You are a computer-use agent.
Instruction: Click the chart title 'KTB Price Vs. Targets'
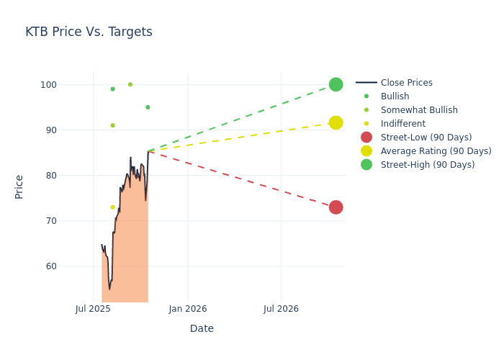[89, 32]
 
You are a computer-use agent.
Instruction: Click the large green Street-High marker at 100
[336, 84]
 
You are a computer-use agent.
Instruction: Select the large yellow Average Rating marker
[336, 123]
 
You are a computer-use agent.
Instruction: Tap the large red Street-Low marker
[336, 207]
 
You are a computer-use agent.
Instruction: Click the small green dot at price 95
[148, 107]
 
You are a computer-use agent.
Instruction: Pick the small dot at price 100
[130, 84]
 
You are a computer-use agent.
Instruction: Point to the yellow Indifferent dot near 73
[112, 207]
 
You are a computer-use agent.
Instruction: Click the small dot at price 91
[112, 125]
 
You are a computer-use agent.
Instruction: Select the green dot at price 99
[112, 89]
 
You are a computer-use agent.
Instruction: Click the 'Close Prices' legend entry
[406, 83]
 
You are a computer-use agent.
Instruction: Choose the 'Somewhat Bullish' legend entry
[419, 110]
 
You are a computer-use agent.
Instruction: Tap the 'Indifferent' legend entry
[402, 124]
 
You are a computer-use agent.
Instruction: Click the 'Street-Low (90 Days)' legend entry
[426, 138]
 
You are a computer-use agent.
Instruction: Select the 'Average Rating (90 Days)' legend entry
[436, 151]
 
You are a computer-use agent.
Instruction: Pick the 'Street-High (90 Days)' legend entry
[428, 165]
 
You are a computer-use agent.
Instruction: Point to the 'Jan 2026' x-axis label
[188, 309]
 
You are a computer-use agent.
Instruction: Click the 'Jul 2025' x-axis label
[93, 309]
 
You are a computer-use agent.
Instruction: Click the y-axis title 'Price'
[19, 186]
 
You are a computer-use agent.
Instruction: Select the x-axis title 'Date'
[202, 328]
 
